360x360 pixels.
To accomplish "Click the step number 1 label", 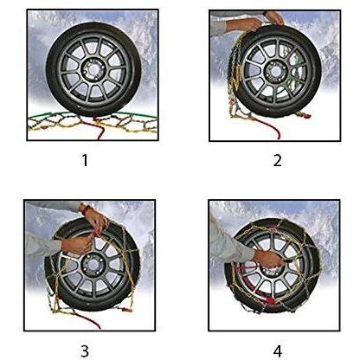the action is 85,160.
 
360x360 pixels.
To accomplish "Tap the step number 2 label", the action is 277,160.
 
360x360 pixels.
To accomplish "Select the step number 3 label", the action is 85,351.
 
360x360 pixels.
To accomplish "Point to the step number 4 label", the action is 277,351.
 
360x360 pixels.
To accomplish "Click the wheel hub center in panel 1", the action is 93,69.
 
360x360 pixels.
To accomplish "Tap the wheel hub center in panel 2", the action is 275,71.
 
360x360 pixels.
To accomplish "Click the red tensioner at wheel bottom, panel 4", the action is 270,301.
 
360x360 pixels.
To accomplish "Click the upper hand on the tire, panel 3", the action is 95,218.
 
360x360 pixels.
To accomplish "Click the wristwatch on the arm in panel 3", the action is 84,208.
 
